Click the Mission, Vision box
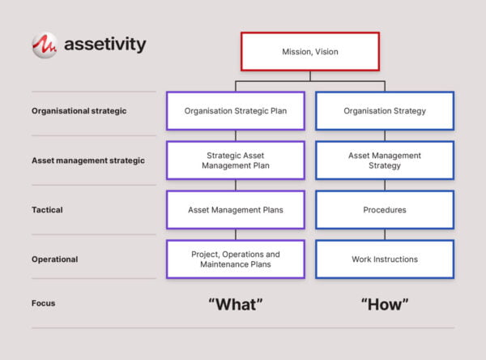[x=309, y=52]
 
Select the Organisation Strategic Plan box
[x=235, y=111]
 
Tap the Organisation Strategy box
[x=384, y=111]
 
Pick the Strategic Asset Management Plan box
[x=235, y=161]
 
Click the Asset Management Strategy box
[x=384, y=161]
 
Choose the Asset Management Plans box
[x=235, y=210]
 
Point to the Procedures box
[x=384, y=210]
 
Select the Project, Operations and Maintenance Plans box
[x=235, y=259]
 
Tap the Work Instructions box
[x=384, y=259]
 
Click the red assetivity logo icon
[x=44, y=45]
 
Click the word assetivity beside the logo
[x=106, y=45]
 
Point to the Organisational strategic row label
[x=79, y=111]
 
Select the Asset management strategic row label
[x=87, y=161]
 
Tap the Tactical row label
[x=47, y=210]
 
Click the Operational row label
[x=54, y=259]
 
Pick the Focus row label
[x=44, y=303]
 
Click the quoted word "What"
[x=236, y=304]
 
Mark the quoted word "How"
[x=385, y=304]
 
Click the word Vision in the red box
[x=326, y=52]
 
